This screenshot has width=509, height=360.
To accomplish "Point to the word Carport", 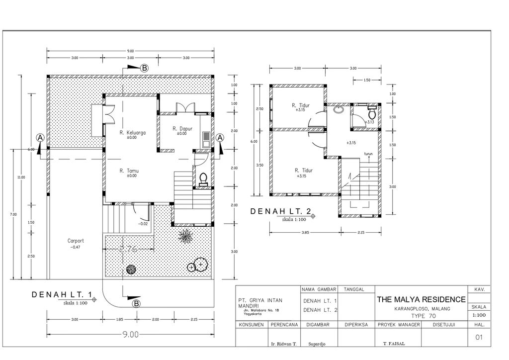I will (76, 241).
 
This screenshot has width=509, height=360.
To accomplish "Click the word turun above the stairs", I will (368, 154).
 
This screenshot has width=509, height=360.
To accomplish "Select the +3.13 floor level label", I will (370, 122).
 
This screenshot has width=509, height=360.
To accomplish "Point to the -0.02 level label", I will (143, 224).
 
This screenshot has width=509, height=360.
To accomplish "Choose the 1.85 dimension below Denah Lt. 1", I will (119, 320).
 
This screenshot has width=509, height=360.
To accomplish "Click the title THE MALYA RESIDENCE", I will (422, 299).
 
